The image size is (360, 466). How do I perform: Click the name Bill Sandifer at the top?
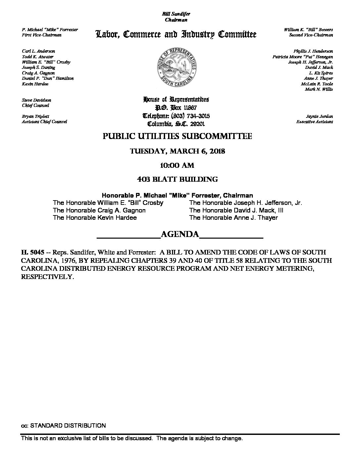coord(176,14)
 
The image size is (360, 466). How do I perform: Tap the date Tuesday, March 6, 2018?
coord(178,151)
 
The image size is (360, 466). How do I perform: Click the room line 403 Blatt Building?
coord(177,179)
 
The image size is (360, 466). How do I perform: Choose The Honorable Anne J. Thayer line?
coord(233,218)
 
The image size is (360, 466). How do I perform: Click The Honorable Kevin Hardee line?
coord(95,218)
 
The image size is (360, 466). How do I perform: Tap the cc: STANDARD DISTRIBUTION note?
coord(64,426)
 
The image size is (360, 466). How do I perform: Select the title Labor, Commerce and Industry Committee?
coord(176,34)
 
